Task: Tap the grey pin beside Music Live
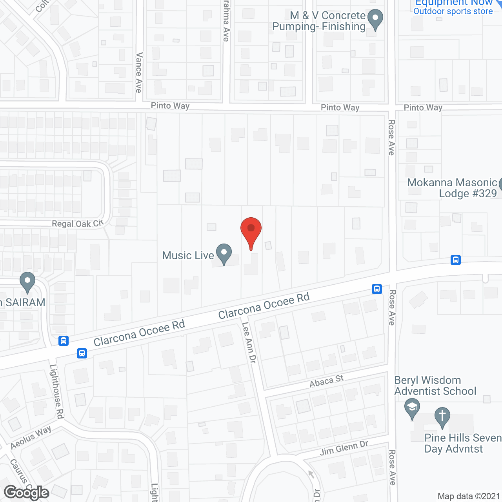click(224, 254)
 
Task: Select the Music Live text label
click(188, 256)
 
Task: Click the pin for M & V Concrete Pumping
click(376, 20)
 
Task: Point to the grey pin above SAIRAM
click(27, 282)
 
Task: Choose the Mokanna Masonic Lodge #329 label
click(452, 188)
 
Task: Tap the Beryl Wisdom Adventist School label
click(435, 386)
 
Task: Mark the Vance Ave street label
click(139, 73)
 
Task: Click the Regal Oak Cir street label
click(78, 224)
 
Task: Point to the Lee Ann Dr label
click(249, 342)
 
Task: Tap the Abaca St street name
click(327, 381)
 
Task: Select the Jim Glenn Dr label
click(344, 448)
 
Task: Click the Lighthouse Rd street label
click(57, 391)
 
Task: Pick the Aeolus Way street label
click(31, 438)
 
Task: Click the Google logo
click(27, 493)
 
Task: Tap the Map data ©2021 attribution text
click(469, 497)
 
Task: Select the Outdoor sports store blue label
click(453, 11)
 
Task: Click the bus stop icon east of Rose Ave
click(456, 260)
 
